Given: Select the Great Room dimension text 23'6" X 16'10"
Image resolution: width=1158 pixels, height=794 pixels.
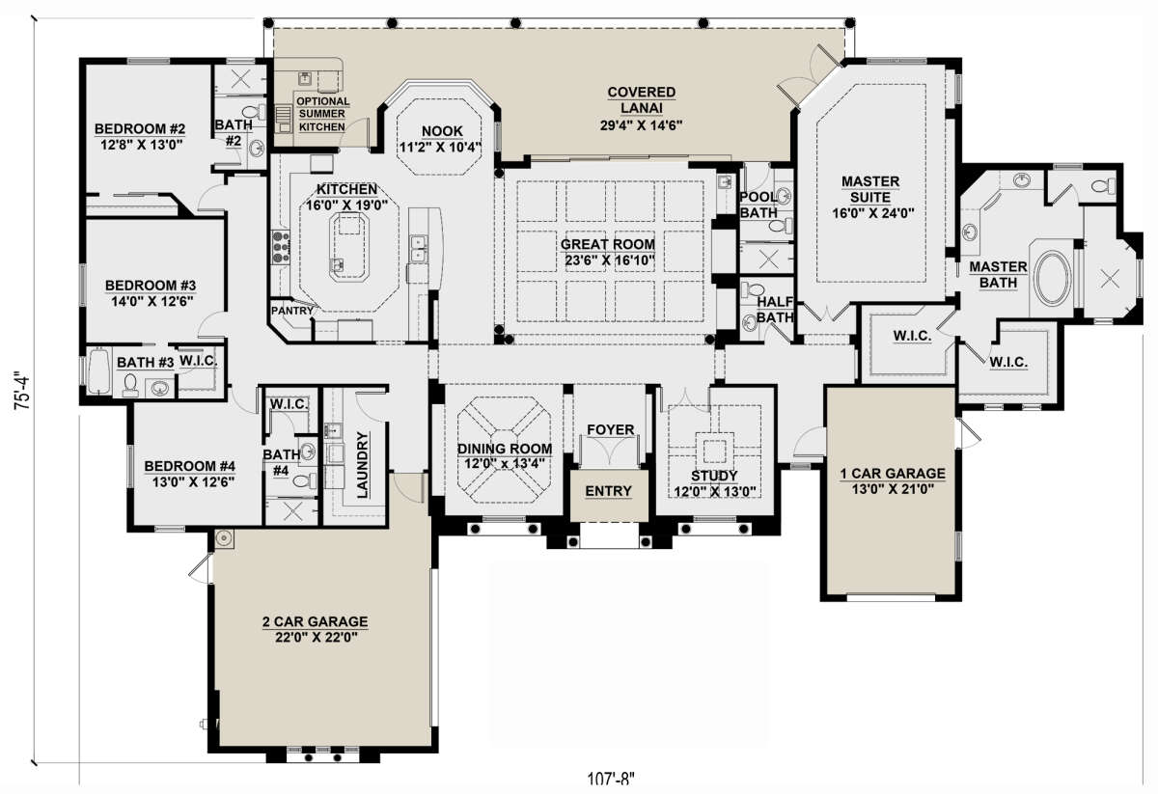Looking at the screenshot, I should click(x=608, y=260).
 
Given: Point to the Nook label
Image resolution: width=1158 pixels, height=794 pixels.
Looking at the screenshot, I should click(x=443, y=131).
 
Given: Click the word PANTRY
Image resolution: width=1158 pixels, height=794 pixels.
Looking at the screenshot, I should click(x=291, y=311).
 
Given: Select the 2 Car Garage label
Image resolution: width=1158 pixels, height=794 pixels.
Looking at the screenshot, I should click(x=315, y=622).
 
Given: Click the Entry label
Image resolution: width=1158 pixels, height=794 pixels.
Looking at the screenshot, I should click(x=608, y=491).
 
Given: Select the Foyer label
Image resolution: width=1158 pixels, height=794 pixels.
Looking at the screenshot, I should click(x=610, y=429).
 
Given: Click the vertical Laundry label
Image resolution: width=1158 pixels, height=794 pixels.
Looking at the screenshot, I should click(x=364, y=464).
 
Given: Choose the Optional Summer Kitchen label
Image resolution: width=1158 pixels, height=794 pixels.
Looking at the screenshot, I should click(x=321, y=113).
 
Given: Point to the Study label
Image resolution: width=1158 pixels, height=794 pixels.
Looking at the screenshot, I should click(x=715, y=476).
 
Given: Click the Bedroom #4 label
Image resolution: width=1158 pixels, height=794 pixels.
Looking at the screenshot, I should click(x=190, y=467).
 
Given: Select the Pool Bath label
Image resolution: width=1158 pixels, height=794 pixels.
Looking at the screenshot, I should click(x=758, y=205).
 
